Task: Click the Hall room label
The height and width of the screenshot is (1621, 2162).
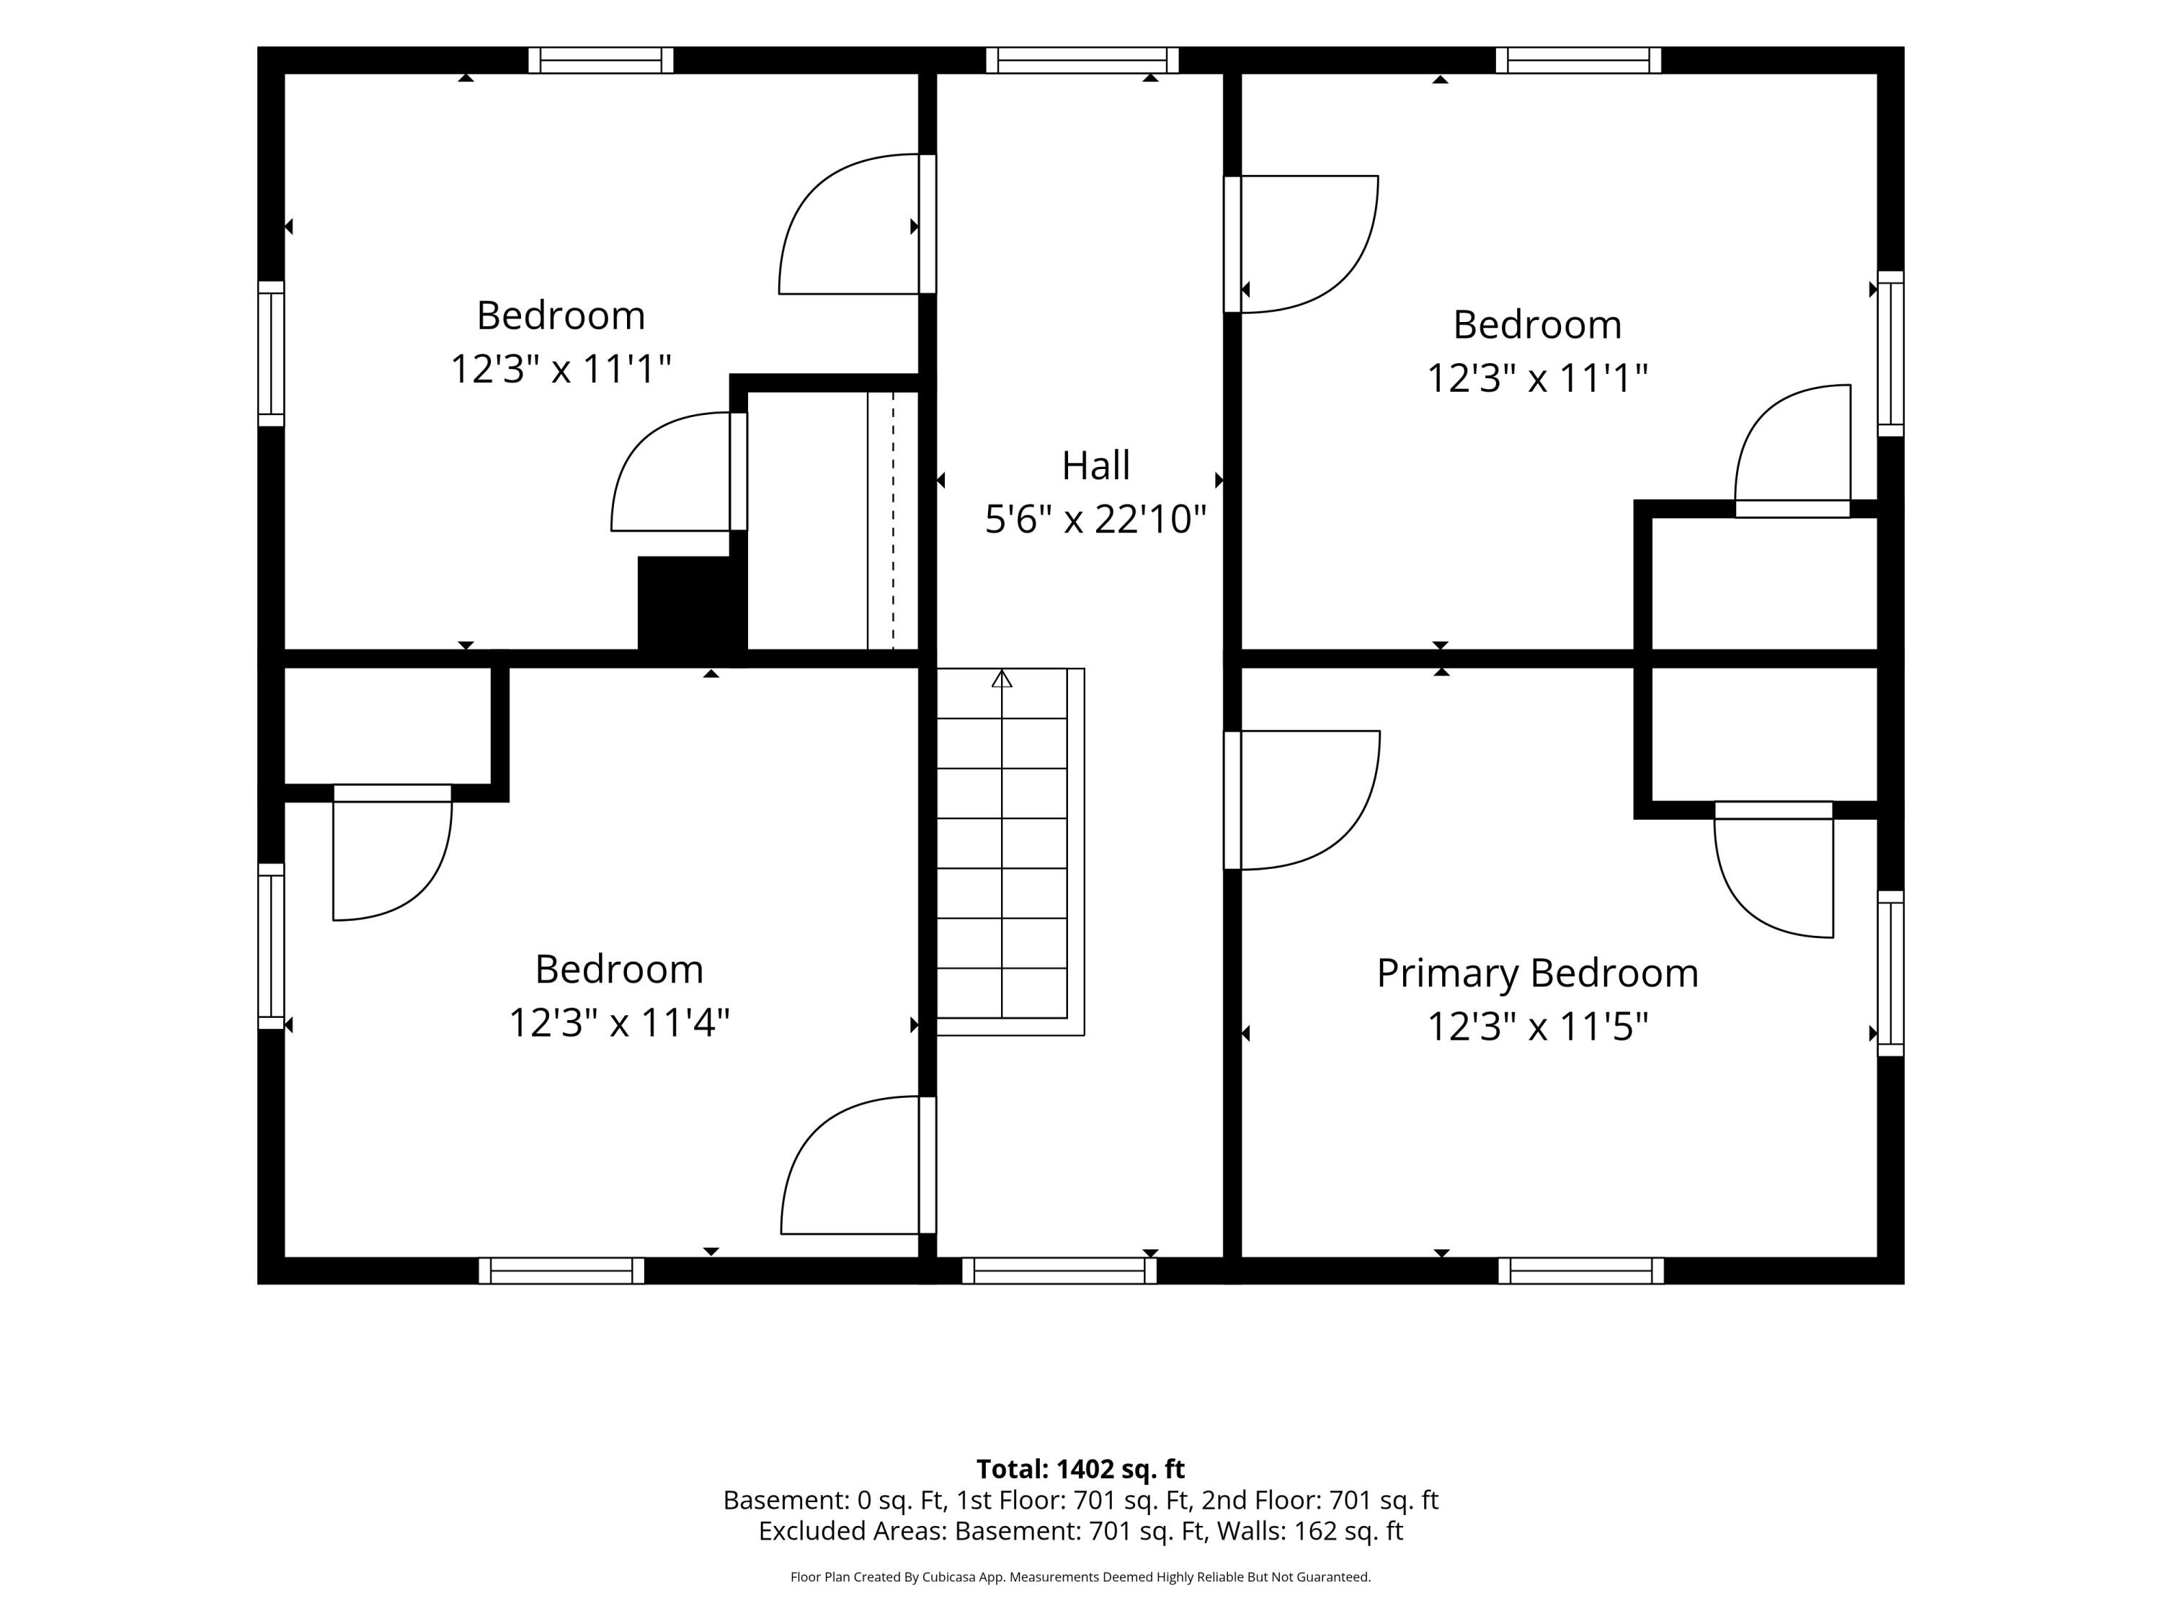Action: coord(1095,465)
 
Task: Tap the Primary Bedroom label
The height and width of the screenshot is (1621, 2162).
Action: coord(1537,973)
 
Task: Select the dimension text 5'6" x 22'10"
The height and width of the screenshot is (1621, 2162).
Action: coord(1095,519)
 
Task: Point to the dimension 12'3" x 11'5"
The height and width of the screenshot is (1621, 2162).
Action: coord(1537,1027)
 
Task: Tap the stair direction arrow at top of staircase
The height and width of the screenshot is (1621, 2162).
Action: coord(1002,678)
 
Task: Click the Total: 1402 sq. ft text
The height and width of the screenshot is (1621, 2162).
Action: coord(1081,1470)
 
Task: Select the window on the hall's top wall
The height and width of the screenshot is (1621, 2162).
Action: coord(1082,61)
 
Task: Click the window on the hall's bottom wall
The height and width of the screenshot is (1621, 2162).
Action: coord(1059,1271)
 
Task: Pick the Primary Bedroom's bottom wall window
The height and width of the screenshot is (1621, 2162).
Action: coord(1580,1271)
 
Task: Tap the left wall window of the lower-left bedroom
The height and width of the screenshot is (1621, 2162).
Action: coord(271,946)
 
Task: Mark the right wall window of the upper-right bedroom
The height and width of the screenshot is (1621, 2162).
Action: coord(1891,354)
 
